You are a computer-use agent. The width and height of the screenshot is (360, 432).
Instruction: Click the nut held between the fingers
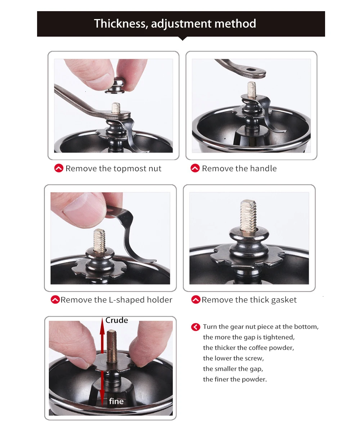[114, 85]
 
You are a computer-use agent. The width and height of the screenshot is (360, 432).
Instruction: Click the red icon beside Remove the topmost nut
[59, 168]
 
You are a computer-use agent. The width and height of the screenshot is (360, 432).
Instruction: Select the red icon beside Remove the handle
[195, 168]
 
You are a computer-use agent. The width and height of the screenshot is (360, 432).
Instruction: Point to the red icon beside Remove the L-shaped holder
[55, 300]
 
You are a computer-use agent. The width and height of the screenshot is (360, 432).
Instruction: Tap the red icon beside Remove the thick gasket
[196, 300]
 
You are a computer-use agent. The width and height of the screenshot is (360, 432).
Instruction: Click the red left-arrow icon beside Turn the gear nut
[195, 327]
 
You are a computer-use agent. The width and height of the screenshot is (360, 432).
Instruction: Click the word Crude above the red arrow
[117, 320]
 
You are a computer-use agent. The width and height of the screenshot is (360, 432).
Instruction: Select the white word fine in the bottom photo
[116, 401]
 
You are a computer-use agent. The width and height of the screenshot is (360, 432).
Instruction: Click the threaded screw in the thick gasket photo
[248, 215]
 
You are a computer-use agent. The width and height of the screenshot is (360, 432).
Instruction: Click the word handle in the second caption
[263, 168]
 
